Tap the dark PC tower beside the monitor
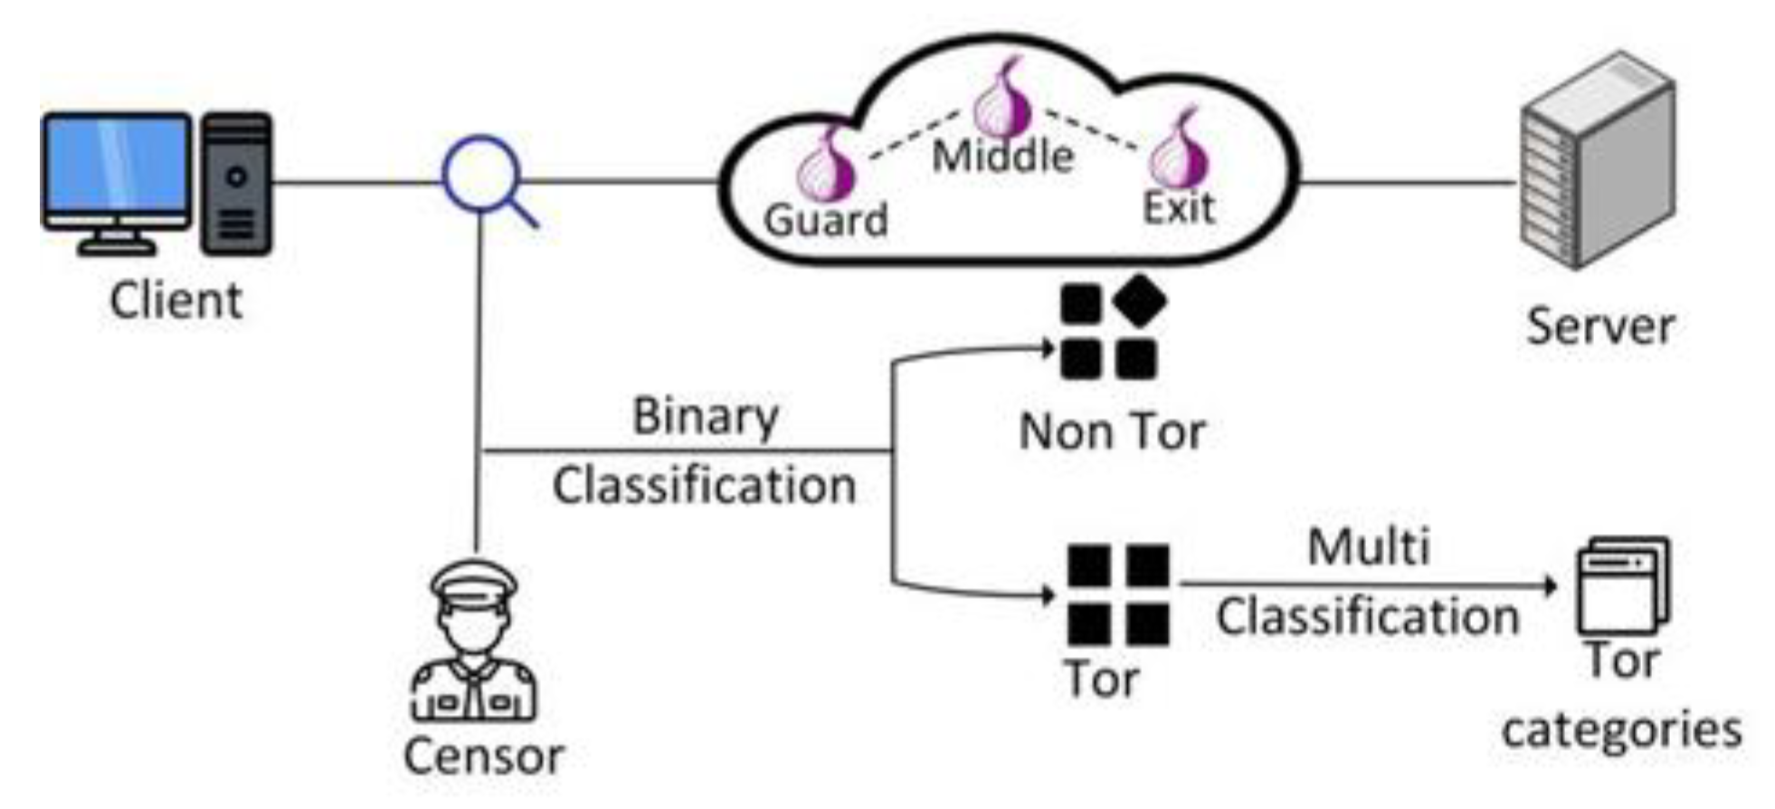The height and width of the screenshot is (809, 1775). point(237,184)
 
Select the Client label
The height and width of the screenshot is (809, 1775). point(176,300)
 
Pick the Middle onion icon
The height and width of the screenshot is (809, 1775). point(1002,100)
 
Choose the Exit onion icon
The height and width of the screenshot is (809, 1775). point(1179,152)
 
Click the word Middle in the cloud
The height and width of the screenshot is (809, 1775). point(1002,157)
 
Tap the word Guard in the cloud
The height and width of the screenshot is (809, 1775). point(825,221)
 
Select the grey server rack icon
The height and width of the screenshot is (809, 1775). point(1597,160)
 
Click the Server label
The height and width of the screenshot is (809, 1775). point(1599,327)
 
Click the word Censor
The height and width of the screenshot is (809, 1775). point(483,757)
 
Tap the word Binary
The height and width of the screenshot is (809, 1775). point(705,417)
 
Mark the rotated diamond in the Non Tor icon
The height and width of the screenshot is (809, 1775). point(1139,300)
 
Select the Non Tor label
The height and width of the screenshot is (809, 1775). point(1112,433)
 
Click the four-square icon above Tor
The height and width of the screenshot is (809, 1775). point(1118,595)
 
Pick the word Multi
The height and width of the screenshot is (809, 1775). point(1368,547)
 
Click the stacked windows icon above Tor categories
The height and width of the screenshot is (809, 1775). point(1622,586)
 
